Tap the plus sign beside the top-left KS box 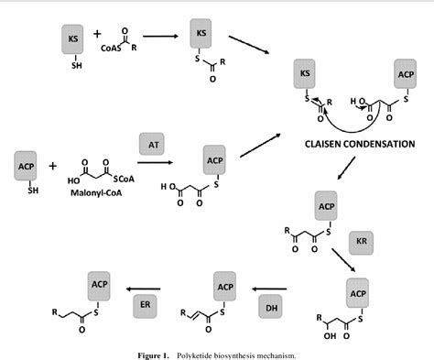click(x=98, y=39)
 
